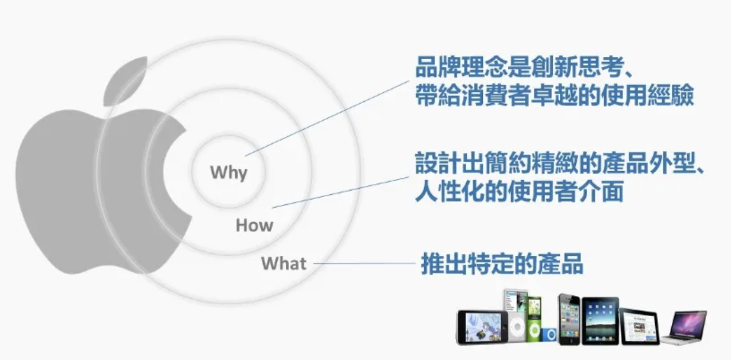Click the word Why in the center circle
pos(229,172)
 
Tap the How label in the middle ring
pos(254,226)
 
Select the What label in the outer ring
pos(284,263)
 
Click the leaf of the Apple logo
pos(126,81)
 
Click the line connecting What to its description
pos(364,263)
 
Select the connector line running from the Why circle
pos(327,118)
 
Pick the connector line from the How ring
pos(340,192)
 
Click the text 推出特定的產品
pos(502,264)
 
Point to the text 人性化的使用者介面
pos(519,191)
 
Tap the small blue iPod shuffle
pos(549,335)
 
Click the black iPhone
pos(569,319)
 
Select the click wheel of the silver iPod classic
pos(517,327)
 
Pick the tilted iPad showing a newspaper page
pos(639,326)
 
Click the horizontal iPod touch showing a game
pos(483,327)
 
